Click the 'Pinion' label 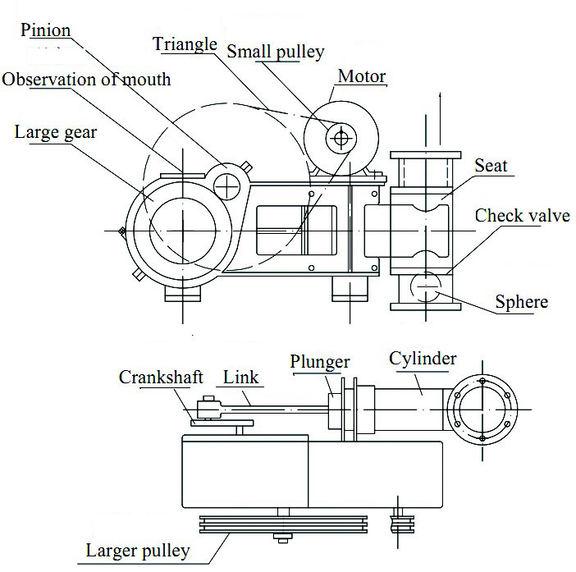46,31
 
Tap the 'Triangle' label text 185,44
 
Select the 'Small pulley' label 275,52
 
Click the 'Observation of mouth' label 86,80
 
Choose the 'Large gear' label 56,131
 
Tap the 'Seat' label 491,166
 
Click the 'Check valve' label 523,216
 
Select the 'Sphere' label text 521,302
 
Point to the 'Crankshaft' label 161,378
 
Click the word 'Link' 241,378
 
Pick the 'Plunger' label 320,362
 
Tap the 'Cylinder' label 423,359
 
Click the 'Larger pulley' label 138,550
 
